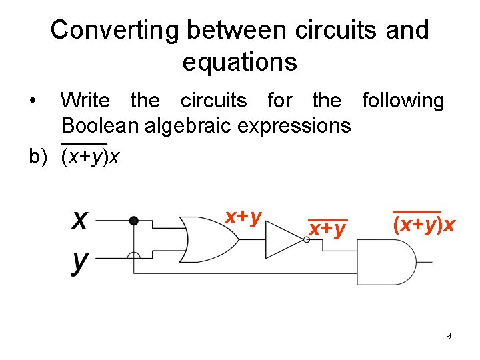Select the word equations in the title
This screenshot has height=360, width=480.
[239, 62]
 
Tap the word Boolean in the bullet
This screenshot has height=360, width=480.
[99, 125]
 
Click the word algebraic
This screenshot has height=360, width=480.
[193, 125]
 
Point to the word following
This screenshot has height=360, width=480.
[402, 101]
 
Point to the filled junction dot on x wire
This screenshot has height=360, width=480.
[133, 220]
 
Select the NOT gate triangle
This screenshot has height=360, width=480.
[284, 239]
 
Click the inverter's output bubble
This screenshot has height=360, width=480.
[305, 240]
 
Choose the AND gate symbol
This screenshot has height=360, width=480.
[383, 262]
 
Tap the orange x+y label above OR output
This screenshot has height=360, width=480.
[243, 216]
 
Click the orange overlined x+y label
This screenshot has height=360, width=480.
[327, 229]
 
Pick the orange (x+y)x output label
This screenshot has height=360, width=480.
[424, 225]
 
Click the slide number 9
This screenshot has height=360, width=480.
[449, 336]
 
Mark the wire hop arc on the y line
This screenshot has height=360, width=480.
[133, 255]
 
